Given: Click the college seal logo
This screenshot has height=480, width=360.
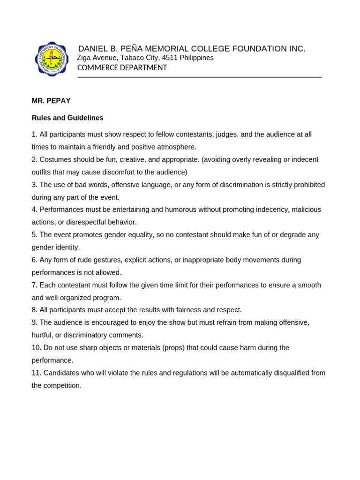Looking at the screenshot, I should pyautogui.click(x=52, y=59).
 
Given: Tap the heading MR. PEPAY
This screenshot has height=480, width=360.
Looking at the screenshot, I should pyautogui.click(x=51, y=101).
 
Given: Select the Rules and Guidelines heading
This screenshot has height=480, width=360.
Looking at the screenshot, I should pyautogui.click(x=67, y=118).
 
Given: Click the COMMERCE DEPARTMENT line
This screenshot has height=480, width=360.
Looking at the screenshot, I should pyautogui.click(x=122, y=68).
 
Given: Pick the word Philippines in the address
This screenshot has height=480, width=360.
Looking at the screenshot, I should pyautogui.click(x=196, y=58).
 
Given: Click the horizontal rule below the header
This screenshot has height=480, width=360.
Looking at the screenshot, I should pyautogui.click(x=200, y=77).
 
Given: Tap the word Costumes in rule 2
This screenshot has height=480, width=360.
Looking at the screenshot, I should pyautogui.click(x=55, y=159).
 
